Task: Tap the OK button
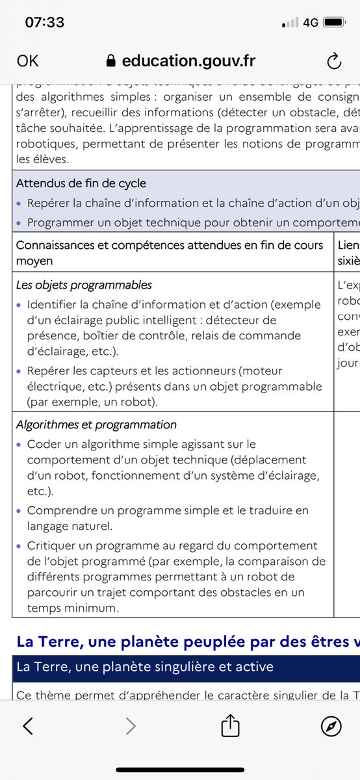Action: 28,61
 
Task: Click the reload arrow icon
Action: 333,61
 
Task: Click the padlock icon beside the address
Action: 110,61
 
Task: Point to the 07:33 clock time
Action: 45,22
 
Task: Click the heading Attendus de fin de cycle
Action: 81,183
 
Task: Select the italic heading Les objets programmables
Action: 84,285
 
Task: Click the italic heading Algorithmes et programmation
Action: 96,424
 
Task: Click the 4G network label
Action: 311,22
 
